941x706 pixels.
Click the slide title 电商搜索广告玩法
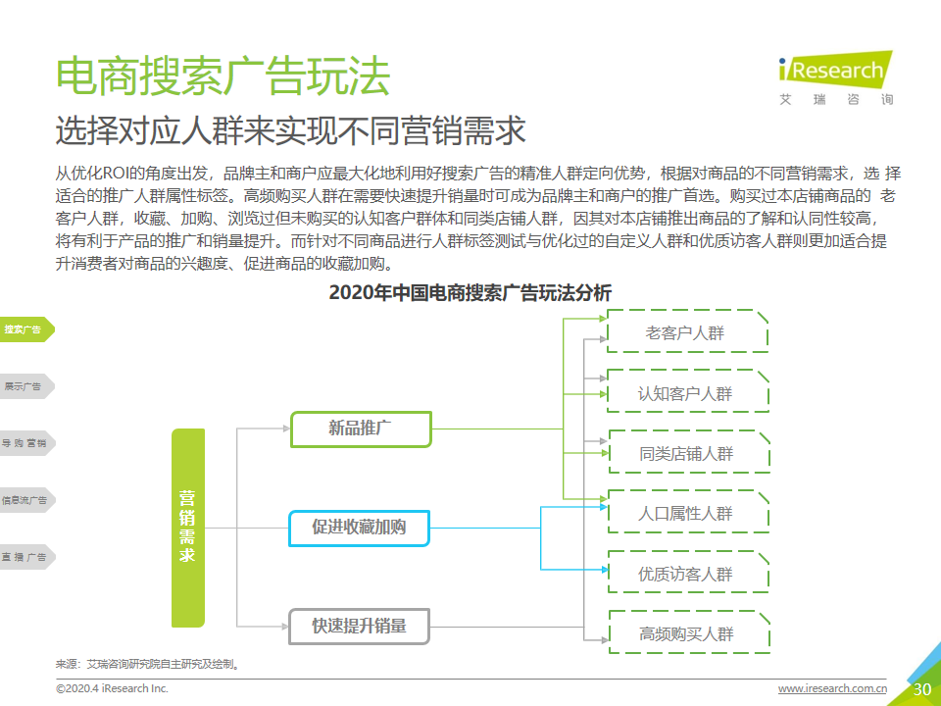[223, 76]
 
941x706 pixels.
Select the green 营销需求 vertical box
[188, 528]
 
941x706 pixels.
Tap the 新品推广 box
[361, 429]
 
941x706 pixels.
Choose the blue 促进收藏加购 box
[359, 529]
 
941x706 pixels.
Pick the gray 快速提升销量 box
[359, 627]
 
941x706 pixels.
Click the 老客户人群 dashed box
[688, 330]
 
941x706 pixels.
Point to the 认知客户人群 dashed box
[688, 391]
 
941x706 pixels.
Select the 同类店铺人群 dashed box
[689, 451]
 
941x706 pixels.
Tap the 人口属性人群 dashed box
[688, 512]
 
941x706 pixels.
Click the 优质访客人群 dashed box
[688, 572]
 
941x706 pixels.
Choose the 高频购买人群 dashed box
[689, 632]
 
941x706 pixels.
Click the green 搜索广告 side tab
[25, 329]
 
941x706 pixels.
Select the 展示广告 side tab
[25, 386]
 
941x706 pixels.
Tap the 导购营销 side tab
[25, 443]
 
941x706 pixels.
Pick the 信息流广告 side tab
[25, 500]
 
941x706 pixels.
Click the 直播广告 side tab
[25, 557]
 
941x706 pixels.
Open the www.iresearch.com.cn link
[832, 688]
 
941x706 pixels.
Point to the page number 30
[921, 689]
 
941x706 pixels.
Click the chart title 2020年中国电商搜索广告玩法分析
[470, 293]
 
